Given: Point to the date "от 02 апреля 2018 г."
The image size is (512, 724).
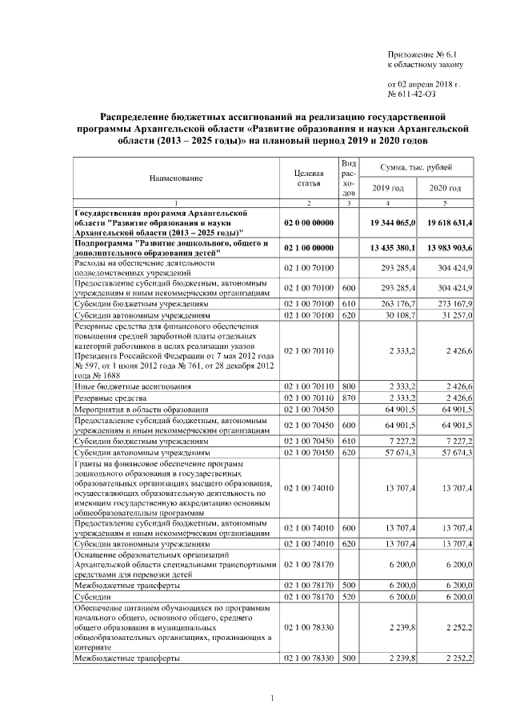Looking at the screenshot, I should (x=424, y=84).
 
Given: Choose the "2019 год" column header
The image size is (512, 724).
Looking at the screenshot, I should (x=389, y=188).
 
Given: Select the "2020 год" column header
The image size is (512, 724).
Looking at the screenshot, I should (x=445, y=188).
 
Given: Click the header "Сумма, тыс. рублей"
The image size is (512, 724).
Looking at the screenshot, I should (x=417, y=167).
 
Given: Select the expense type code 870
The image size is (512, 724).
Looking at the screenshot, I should (x=348, y=398).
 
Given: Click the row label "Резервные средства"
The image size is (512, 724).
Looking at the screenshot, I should (x=110, y=398).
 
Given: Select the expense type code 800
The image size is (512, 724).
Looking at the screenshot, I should (x=348, y=386).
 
